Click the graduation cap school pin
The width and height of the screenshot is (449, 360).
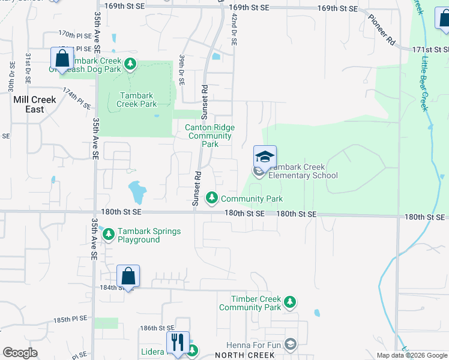(x=265, y=157)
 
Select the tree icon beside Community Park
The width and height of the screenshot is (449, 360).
(x=211, y=197)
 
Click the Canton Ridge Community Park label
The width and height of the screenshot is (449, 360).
(x=209, y=136)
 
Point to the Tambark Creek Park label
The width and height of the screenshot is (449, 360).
(x=137, y=100)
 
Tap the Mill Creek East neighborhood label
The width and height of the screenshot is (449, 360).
(x=35, y=104)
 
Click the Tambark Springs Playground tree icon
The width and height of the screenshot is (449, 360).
(x=108, y=234)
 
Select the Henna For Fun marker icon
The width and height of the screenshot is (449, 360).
(x=291, y=344)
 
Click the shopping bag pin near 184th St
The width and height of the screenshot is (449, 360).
(x=128, y=277)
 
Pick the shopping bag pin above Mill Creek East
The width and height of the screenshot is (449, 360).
(x=62, y=59)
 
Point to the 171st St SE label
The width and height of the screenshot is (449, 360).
(x=430, y=49)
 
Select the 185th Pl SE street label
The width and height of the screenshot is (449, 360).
(x=71, y=321)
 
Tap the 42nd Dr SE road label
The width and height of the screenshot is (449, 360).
(x=234, y=31)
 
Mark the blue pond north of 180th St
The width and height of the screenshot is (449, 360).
(x=137, y=192)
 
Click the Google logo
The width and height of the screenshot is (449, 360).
(x=20, y=352)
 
